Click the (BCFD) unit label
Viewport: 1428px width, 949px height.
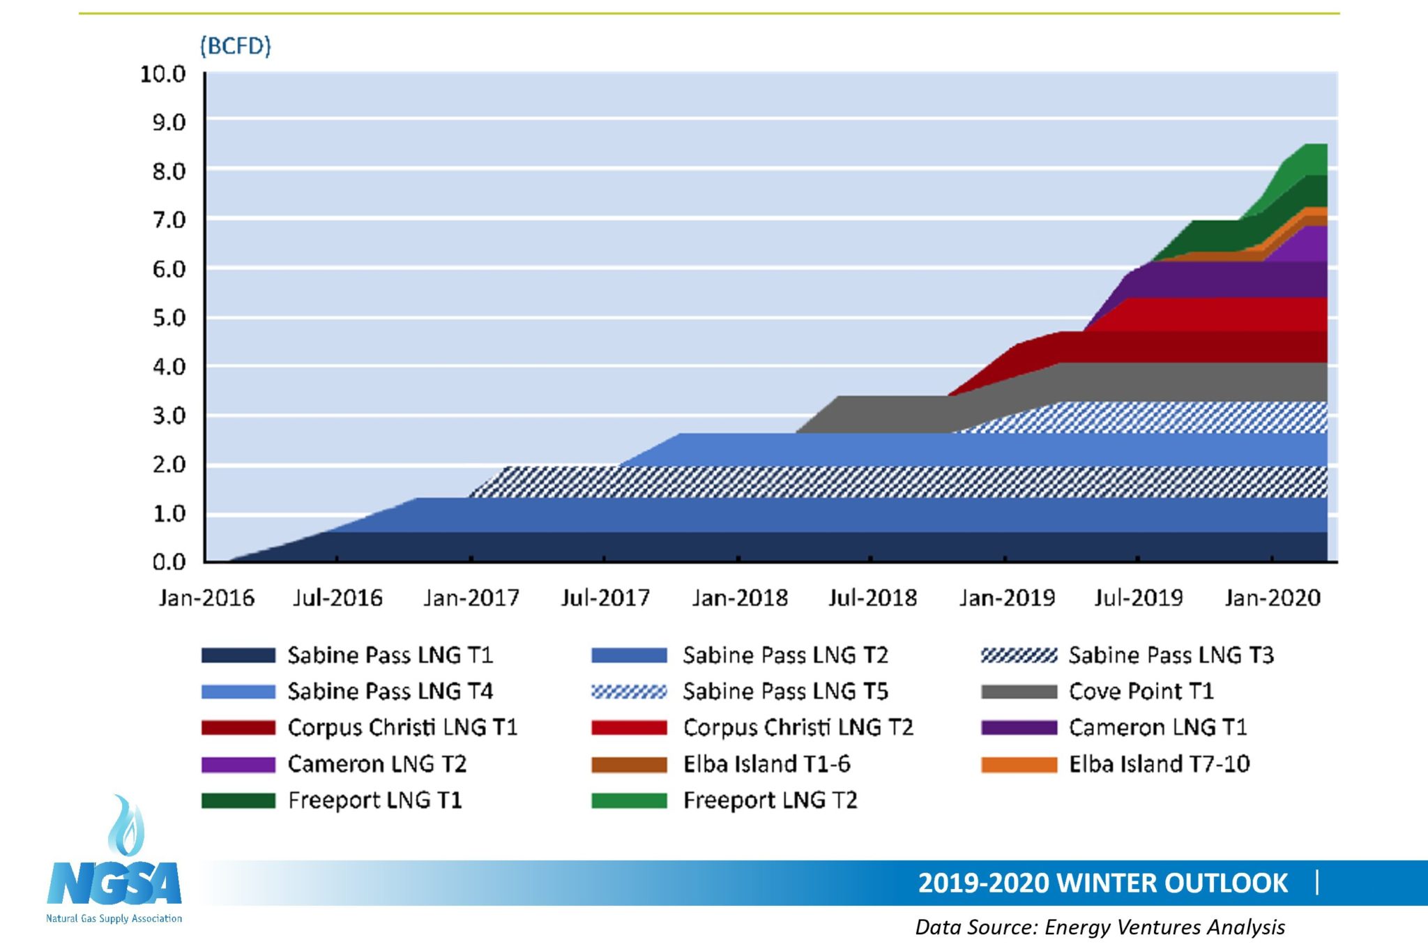(235, 46)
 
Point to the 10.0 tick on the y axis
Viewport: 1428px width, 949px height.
(162, 74)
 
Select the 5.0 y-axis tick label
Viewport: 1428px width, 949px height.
(169, 318)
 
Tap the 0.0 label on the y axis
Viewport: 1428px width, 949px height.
(169, 562)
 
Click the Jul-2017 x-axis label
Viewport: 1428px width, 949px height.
(605, 598)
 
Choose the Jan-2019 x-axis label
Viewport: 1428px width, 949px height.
(1006, 598)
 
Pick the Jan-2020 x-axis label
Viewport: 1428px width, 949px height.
(1273, 598)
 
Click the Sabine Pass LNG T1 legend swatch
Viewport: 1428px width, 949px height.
(238, 655)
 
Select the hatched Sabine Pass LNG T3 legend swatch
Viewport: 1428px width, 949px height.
(1019, 655)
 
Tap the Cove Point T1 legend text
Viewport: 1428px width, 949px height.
(1141, 692)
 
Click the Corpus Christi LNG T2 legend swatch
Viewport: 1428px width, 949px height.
(629, 728)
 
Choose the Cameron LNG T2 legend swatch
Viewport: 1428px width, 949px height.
(238, 764)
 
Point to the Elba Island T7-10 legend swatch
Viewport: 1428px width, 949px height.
(1019, 764)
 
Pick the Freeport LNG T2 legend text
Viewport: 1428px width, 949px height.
(770, 800)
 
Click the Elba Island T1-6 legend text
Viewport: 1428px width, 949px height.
(766, 764)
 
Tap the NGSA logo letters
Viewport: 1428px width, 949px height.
(114, 884)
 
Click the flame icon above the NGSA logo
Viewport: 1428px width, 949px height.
(126, 826)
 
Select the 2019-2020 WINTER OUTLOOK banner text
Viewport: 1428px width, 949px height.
(1102, 883)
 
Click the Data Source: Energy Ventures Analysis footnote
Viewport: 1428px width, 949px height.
(1100, 927)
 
